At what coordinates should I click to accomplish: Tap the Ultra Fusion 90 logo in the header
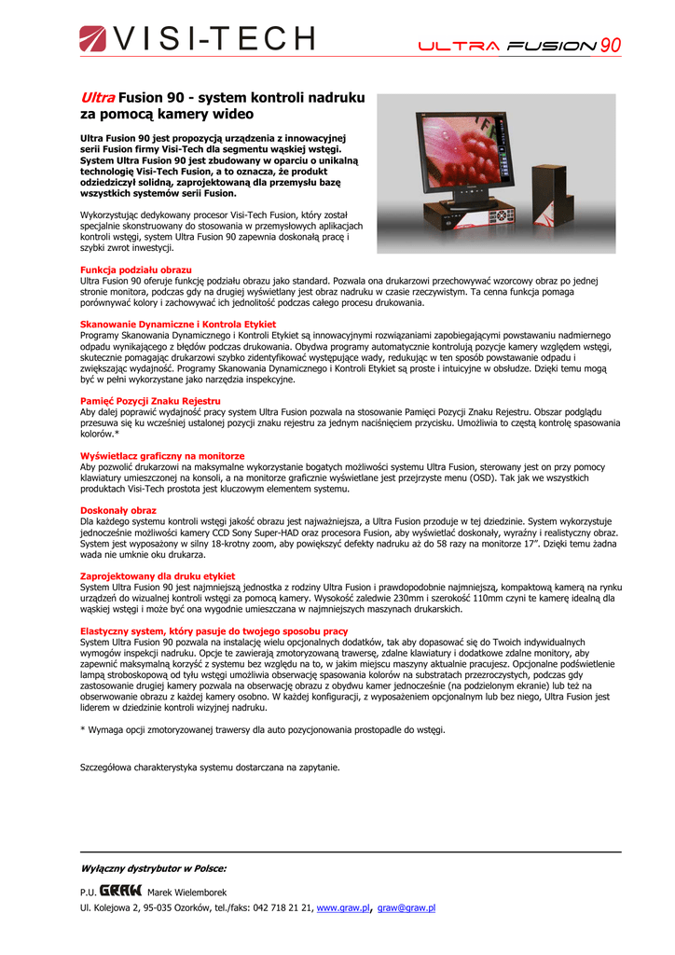point(518,46)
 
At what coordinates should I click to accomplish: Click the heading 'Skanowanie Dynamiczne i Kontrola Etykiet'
point(178,325)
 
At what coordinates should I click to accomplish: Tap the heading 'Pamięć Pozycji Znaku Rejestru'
point(150,401)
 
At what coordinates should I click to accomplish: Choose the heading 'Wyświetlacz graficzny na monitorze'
point(162,456)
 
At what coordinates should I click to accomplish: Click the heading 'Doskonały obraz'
point(118,510)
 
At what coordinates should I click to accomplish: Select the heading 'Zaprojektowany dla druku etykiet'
point(158,576)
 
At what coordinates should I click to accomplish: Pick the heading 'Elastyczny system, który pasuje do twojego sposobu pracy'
point(214,631)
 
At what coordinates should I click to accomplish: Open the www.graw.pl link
point(343,907)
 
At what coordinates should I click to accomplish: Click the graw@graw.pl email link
point(406,907)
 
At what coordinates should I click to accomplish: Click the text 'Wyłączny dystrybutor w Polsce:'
point(153,868)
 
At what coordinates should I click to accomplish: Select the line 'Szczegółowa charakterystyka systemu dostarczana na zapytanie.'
point(210,768)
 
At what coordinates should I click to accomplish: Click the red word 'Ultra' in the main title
point(97,98)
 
